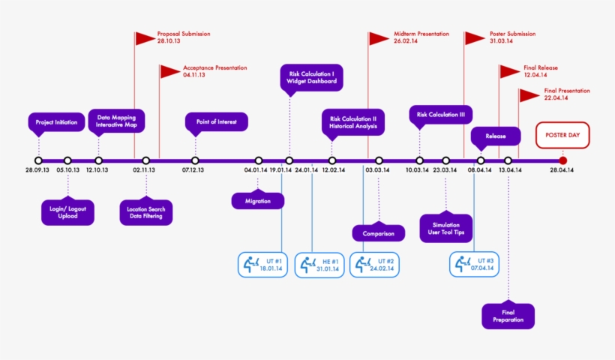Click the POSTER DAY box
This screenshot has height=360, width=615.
[562, 136]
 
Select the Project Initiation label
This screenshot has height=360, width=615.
[56, 121]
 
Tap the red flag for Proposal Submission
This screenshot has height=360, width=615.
[145, 38]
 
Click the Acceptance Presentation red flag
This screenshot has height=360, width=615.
[169, 71]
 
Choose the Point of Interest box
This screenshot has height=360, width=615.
[216, 121]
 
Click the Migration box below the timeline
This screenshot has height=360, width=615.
[257, 200]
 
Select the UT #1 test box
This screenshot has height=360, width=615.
[262, 264]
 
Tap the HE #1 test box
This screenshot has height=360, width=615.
[319, 264]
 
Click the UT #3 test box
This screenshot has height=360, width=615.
[474, 264]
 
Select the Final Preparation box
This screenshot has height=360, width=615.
[508, 316]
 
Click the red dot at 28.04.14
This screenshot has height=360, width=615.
[562, 160]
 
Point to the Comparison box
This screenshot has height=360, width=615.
[378, 232]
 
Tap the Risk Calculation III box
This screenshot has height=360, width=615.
[441, 115]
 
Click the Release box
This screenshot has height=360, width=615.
[495, 136]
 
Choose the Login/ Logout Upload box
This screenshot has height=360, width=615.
[67, 212]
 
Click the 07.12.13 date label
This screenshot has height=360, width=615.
[193, 170]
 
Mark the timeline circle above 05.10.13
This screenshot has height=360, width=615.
[67, 160]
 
